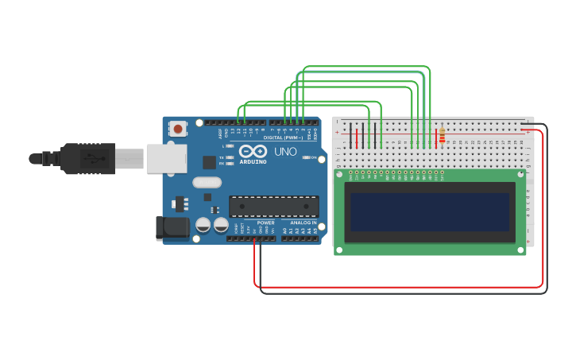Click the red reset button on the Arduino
tap(178, 128)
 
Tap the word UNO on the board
tap(285, 151)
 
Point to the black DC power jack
tap(172, 228)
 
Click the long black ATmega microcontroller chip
tap(273, 207)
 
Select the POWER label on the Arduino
tap(265, 223)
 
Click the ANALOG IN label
tap(302, 223)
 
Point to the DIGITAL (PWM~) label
tap(284, 137)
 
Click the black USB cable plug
tap(87, 158)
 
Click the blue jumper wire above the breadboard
tap(358, 72)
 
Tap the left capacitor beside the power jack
tap(203, 226)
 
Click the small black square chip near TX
tap(209, 162)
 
